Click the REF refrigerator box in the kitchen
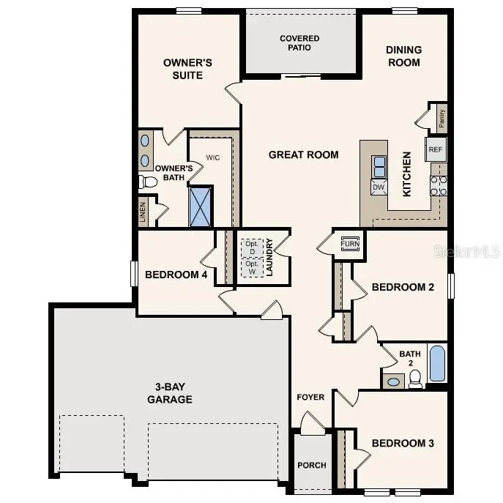(x=436, y=149)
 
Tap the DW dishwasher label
(x=379, y=187)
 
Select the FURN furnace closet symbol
(x=350, y=243)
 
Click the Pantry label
(x=441, y=116)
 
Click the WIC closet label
(x=213, y=157)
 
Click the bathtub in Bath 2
(x=437, y=364)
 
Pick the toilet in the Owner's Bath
(x=149, y=180)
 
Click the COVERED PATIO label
(x=299, y=43)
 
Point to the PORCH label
(x=312, y=465)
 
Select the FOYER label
(x=310, y=398)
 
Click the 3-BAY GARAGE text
(x=170, y=392)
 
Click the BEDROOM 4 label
(x=176, y=275)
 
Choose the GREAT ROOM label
(x=304, y=154)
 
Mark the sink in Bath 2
(x=393, y=381)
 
